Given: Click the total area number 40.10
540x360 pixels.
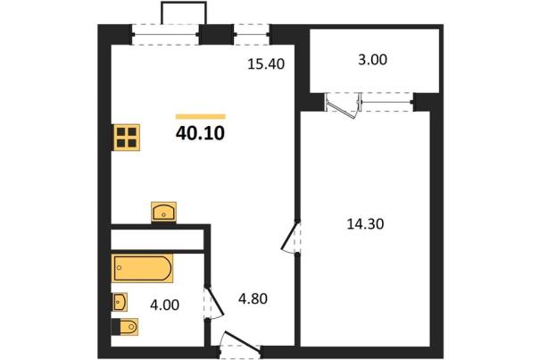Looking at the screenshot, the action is [x=200, y=133].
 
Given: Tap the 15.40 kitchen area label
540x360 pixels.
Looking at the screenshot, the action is [x=266, y=64].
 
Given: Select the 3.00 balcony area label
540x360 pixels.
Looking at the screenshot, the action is [x=372, y=60].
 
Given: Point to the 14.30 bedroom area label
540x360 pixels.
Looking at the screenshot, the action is [x=365, y=224].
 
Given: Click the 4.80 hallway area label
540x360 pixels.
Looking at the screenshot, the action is [x=253, y=298].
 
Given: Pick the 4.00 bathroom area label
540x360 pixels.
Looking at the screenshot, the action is [x=164, y=305].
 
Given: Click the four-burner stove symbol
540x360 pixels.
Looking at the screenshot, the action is [x=127, y=138].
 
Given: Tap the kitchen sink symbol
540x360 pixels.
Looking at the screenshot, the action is [x=163, y=212].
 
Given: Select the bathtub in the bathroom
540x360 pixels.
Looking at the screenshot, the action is [x=142, y=268].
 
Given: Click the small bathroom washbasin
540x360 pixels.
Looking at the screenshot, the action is [x=120, y=302].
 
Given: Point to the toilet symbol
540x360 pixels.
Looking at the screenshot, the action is [x=125, y=327].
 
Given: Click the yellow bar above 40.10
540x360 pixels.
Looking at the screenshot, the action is [x=201, y=116].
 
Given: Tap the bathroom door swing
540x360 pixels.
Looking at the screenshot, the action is [x=213, y=301].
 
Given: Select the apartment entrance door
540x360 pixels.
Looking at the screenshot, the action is [x=240, y=343].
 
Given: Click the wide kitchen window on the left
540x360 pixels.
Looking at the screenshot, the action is [x=165, y=34].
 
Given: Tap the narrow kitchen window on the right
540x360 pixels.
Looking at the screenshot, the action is [x=252, y=34].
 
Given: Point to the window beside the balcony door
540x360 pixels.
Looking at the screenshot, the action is [x=387, y=102].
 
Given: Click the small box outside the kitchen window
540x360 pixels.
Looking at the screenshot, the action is [x=184, y=13].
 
